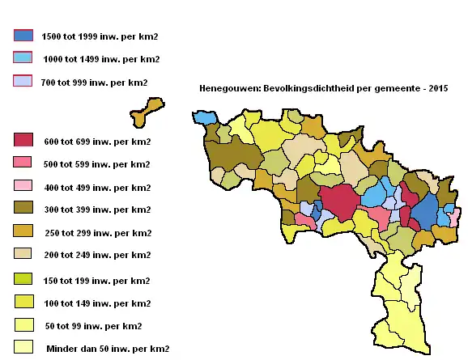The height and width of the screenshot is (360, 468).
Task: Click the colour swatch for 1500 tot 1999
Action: tap(23, 36)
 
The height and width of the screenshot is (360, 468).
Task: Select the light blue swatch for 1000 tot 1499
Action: tap(23, 57)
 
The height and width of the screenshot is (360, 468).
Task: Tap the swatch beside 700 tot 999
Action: tap(23, 81)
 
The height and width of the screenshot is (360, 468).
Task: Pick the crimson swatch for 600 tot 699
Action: tap(23, 140)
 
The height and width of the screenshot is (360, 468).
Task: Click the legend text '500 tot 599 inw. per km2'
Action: tap(96, 164)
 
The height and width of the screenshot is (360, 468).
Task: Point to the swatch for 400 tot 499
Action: tap(23, 186)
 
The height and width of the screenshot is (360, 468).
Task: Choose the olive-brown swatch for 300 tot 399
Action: tap(23, 208)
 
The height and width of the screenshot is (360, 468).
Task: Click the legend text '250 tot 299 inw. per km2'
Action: tap(96, 233)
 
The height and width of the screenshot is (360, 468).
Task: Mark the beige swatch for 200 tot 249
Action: tap(23, 254)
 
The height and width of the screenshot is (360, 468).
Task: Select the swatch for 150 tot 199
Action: tap(23, 279)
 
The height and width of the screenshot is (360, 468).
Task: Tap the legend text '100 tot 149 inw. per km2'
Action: tap(96, 303)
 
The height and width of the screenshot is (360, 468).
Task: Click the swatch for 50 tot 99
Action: tap(23, 325)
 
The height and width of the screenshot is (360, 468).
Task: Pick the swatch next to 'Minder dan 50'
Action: tap(23, 347)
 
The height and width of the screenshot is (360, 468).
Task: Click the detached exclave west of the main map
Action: tap(147, 112)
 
